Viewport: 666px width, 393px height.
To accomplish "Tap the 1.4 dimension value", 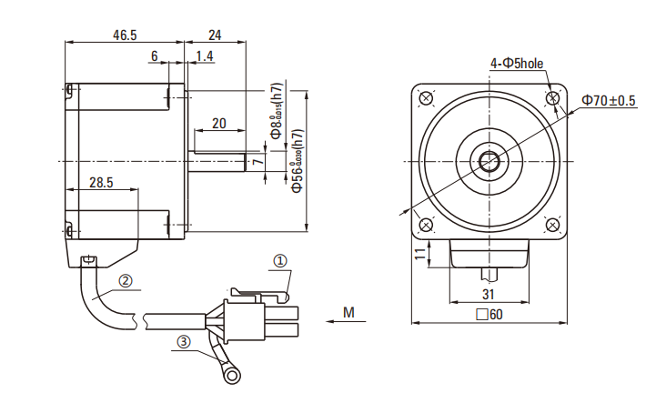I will click(x=204, y=56).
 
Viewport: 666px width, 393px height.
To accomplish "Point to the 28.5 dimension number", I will click(x=101, y=182).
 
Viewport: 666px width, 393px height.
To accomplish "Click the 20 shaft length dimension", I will click(x=218, y=123).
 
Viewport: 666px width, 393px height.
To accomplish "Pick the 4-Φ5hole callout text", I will click(x=516, y=64).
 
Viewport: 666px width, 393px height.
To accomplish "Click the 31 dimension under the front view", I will click(x=488, y=294).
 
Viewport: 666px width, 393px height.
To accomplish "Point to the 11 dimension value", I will click(x=419, y=254).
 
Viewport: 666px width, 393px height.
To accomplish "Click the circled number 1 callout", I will click(x=280, y=260).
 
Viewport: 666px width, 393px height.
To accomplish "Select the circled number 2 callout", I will click(x=126, y=281).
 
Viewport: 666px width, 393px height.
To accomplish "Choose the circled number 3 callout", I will click(x=184, y=342).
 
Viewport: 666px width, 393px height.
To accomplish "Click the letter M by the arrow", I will click(x=349, y=313).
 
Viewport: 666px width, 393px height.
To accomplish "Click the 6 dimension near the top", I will click(x=155, y=56).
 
